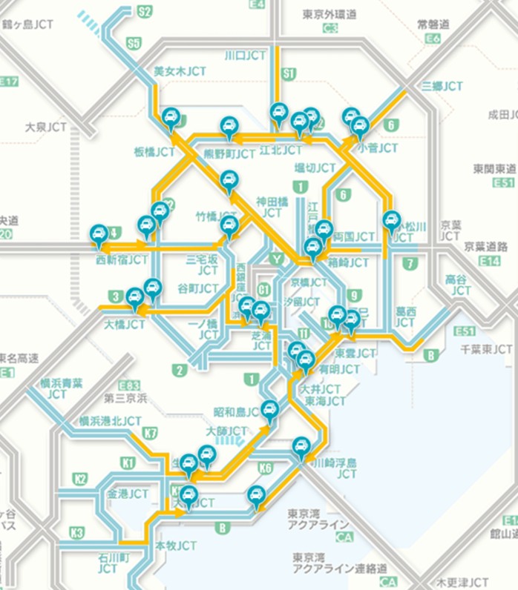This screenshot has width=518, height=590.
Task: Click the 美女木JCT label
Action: coord(180,71)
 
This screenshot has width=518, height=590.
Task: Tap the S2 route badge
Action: coord(144,11)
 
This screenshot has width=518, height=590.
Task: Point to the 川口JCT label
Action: coord(245,56)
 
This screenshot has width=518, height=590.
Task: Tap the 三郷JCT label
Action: coord(442,86)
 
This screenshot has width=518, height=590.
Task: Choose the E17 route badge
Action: coord(10,82)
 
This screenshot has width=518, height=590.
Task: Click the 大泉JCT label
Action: coord(45,127)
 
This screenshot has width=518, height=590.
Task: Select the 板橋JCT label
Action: coord(154,151)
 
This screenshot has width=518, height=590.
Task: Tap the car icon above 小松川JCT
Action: coord(391,220)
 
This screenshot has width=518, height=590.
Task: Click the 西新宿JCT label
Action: coord(122,260)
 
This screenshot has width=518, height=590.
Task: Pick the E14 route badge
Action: coord(489,261)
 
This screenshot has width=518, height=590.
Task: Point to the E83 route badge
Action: coord(129,385)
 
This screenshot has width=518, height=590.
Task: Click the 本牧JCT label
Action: coord(176,545)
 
